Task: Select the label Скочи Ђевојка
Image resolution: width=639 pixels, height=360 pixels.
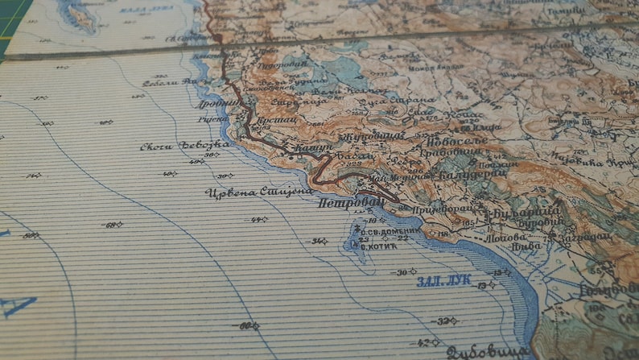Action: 184,145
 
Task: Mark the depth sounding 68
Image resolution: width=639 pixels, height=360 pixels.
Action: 112,225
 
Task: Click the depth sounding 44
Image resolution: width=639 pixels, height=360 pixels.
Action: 258,219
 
